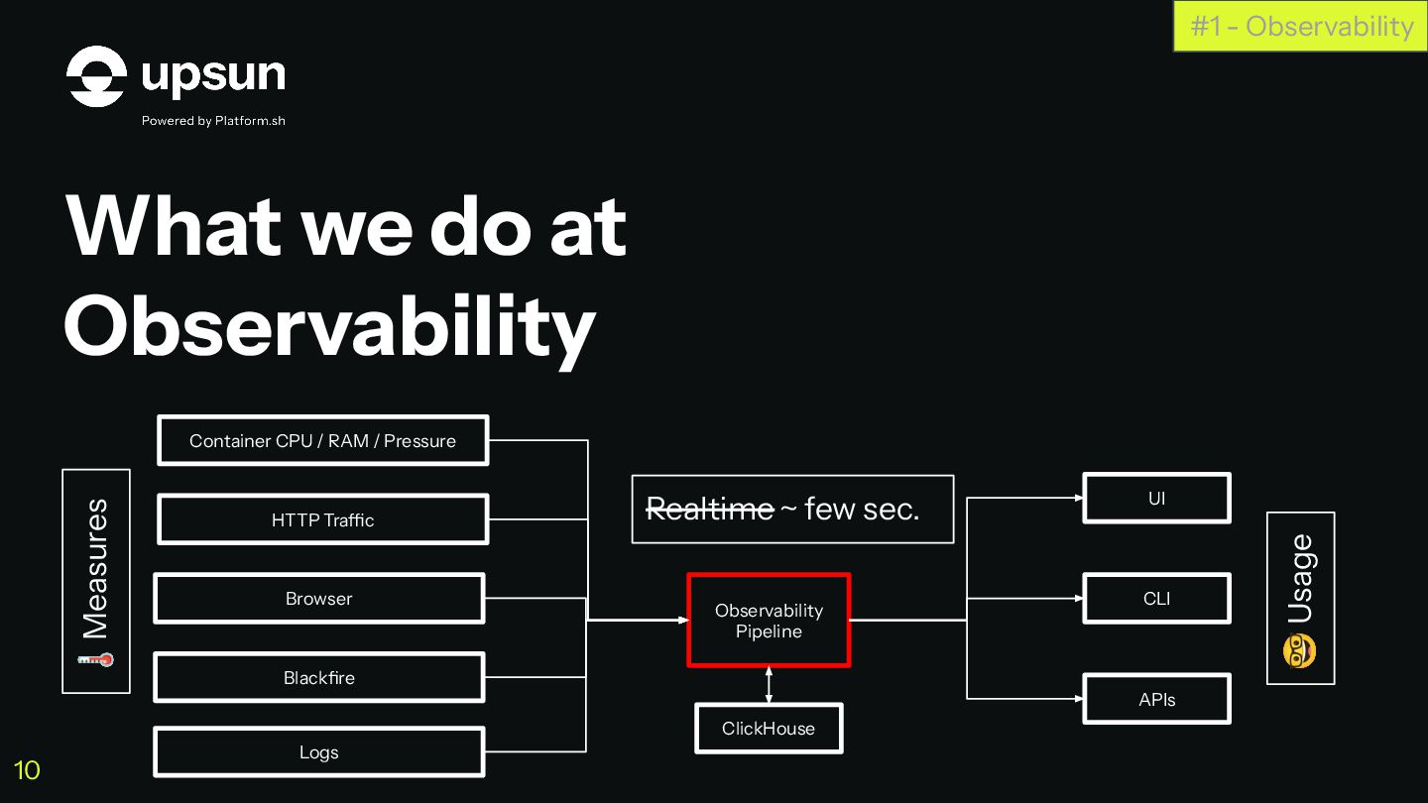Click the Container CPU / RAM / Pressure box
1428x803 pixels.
pyautogui.click(x=322, y=441)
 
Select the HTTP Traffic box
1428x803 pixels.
pyautogui.click(x=322, y=520)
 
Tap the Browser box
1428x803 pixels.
pyautogui.click(x=318, y=599)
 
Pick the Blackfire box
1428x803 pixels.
pyautogui.click(x=318, y=678)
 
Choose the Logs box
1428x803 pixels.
pyautogui.click(x=318, y=752)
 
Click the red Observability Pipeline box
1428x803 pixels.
pyautogui.click(x=769, y=621)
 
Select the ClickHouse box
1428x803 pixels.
pyautogui.click(x=769, y=729)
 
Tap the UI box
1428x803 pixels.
pyautogui.click(x=1156, y=499)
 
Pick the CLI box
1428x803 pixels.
pyautogui.click(x=1156, y=599)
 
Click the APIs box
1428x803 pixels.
pyautogui.click(x=1156, y=700)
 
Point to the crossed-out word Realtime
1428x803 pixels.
pyautogui.click(x=709, y=510)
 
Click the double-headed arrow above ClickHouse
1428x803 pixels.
pyautogui.click(x=770, y=685)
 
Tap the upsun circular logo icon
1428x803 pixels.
pyautogui.click(x=96, y=76)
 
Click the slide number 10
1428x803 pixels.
pyautogui.click(x=27, y=770)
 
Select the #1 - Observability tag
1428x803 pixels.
pyautogui.click(x=1301, y=26)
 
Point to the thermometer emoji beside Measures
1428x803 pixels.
pyautogui.click(x=96, y=659)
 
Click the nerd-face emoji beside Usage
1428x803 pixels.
pyautogui.click(x=1300, y=651)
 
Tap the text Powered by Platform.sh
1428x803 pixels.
pyautogui.click(x=213, y=121)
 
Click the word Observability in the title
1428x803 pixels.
pyautogui.click(x=329, y=325)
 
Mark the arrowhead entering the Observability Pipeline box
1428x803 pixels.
pyautogui.click(x=682, y=621)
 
